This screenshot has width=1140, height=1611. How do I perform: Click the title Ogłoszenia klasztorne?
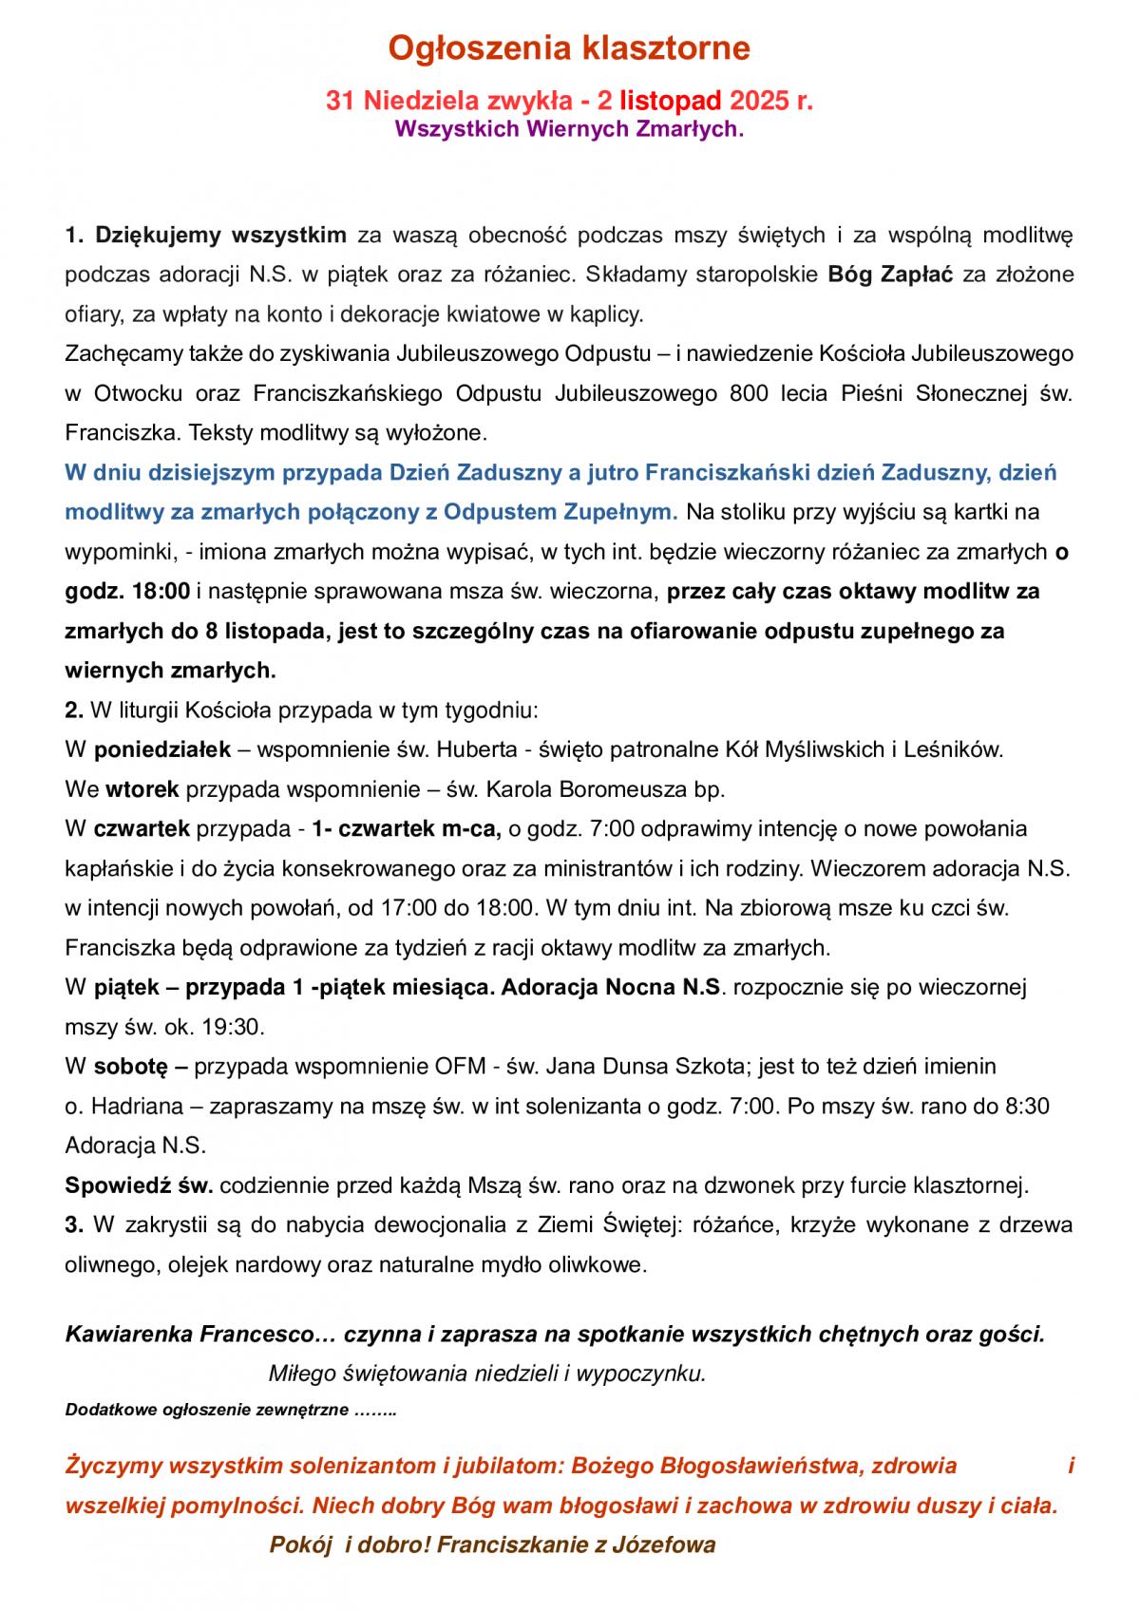pyautogui.click(x=570, y=47)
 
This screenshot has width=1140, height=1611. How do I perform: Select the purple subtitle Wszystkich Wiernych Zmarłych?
pyautogui.click(x=569, y=129)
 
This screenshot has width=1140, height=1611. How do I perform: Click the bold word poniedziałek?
pyautogui.click(x=162, y=749)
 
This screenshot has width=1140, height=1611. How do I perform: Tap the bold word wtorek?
pyautogui.click(x=142, y=789)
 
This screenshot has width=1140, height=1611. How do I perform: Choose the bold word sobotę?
pyautogui.click(x=130, y=1066)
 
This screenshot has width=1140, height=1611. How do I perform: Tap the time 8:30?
pyautogui.click(x=1028, y=1106)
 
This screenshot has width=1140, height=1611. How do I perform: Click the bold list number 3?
pyautogui.click(x=75, y=1224)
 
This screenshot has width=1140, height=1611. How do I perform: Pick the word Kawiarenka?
pyautogui.click(x=127, y=1334)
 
